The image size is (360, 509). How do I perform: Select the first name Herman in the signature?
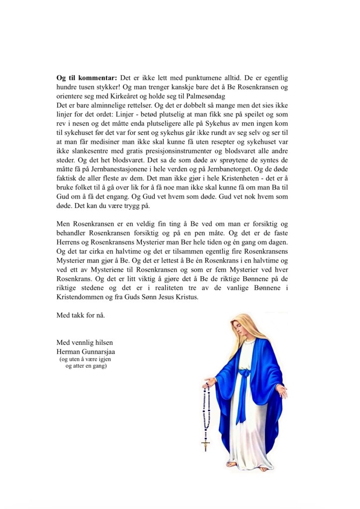pyautogui.click(x=69, y=351)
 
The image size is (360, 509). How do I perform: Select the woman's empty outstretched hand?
pyautogui.click(x=284, y=393)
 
